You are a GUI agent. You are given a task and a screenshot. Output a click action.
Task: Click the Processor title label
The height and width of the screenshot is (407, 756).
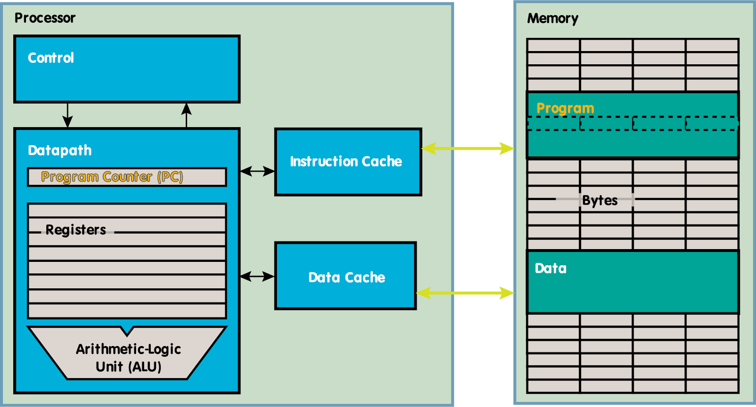45,18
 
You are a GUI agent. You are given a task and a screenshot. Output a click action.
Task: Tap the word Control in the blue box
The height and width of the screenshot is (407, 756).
51,58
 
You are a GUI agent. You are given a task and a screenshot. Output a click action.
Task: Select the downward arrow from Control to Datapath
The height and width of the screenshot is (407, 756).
68,115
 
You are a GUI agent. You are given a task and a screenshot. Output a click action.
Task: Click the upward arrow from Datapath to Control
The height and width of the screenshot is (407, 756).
187,115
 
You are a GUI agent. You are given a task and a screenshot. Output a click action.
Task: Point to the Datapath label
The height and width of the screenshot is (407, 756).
60,150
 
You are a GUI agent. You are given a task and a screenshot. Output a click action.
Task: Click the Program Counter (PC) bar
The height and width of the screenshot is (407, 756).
127,177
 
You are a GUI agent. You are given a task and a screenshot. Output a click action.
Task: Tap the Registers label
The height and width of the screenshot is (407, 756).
76,230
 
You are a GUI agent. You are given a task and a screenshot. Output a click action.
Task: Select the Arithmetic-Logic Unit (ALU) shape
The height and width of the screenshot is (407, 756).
128,357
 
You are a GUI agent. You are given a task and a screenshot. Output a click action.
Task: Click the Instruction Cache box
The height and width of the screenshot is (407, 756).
348,162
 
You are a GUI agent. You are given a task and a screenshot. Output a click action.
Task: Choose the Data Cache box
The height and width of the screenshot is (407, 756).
346,277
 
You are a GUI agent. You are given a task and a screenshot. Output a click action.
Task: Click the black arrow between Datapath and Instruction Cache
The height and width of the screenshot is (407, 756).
257,171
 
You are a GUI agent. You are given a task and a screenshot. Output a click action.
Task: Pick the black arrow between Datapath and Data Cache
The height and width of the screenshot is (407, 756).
257,276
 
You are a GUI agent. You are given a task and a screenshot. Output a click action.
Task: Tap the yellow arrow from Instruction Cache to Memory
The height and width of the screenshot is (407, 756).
468,149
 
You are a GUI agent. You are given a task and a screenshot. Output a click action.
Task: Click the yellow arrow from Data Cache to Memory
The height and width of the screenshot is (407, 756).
465,293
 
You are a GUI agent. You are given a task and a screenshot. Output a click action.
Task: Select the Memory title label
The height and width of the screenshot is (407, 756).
552,18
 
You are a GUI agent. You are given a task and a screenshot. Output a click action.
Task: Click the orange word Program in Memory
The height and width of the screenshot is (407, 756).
565,108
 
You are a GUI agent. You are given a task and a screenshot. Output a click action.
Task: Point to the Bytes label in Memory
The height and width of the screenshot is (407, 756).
600,200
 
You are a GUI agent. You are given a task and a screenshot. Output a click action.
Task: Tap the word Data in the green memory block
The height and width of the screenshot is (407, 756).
550,268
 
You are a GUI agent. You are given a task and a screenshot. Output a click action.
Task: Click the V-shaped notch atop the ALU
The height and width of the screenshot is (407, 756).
127,329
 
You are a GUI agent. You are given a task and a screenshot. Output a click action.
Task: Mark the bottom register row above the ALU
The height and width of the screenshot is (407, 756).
127,311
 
